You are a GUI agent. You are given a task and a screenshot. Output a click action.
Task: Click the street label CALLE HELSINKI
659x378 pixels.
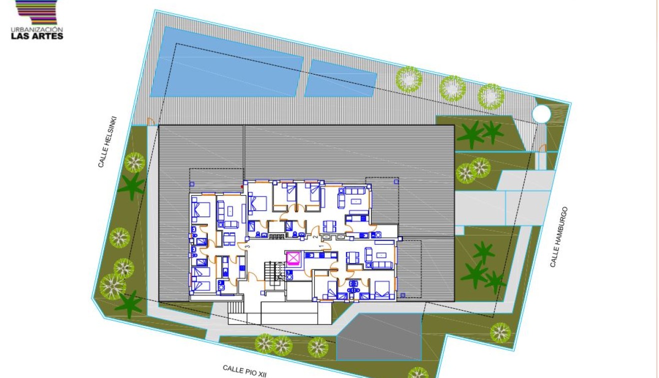(107, 141)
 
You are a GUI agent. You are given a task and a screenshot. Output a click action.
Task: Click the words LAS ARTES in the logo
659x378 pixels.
(37, 36)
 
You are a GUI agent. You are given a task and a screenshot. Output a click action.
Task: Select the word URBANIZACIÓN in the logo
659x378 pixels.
(37, 29)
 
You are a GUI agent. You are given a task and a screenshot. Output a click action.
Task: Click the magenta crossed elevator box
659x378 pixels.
(293, 258)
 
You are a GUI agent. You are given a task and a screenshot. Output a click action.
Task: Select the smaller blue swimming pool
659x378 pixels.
(340, 79)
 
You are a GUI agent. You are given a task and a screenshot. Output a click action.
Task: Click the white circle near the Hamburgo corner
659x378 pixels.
(541, 114)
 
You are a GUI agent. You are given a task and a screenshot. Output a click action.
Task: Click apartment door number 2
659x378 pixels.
(315, 237)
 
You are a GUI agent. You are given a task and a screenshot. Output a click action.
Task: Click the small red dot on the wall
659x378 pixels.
(243, 187)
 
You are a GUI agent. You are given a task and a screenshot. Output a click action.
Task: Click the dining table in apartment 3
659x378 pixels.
(228, 237)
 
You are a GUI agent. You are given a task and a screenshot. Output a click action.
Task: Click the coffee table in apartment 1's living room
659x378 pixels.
(382, 255)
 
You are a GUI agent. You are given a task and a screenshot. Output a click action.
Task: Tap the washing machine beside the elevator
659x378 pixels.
(290, 273)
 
